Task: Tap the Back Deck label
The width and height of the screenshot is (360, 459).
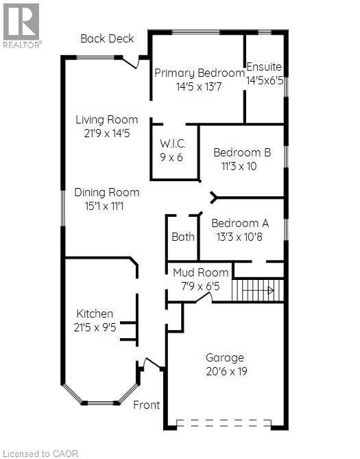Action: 107,38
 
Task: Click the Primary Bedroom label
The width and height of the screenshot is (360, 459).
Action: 200,73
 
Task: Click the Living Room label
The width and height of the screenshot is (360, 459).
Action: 106,120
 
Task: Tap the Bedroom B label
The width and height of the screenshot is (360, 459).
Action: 242,152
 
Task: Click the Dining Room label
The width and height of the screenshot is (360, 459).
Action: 106,193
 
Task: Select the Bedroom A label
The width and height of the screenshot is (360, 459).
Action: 240,223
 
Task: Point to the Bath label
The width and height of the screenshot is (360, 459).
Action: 183,237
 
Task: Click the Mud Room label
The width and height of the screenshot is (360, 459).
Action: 195,272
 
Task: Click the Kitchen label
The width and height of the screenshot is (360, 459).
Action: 95,314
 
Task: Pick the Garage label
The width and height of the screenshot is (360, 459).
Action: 225,357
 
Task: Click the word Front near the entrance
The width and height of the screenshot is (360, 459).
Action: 147,405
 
